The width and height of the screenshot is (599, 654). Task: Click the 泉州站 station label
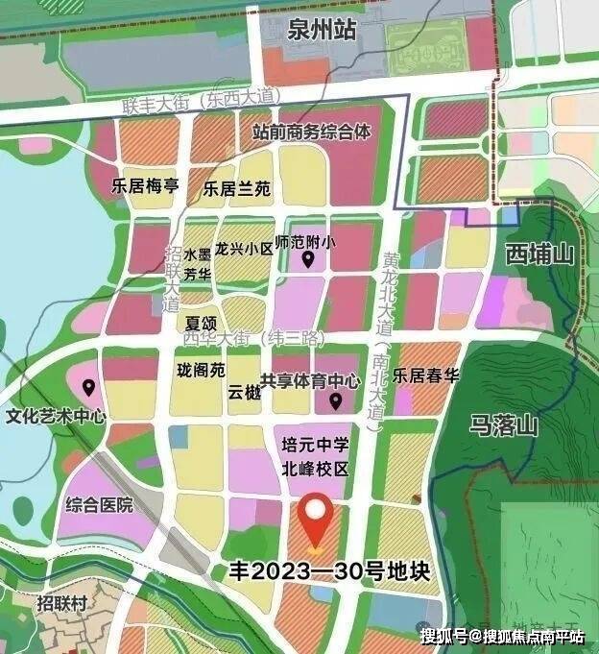[x=321, y=31]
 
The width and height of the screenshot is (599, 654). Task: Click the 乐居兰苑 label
[x=236, y=189]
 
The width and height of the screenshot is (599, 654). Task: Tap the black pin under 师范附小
[x=308, y=259]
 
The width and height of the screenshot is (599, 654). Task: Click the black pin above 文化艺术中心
[x=88, y=388]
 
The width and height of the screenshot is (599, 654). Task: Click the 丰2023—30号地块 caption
[x=326, y=571]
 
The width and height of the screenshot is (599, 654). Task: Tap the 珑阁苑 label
[x=201, y=370]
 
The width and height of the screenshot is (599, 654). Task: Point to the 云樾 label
[x=243, y=392]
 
